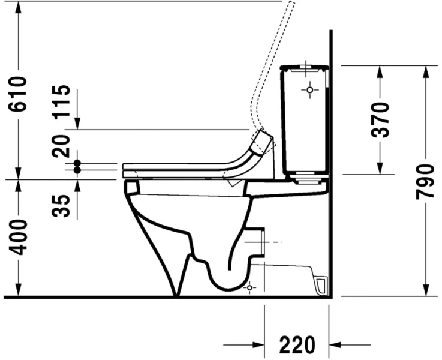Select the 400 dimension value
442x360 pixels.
tap(19, 237)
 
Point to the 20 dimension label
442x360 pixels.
tap(62, 145)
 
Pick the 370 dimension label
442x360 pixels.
tap(380, 120)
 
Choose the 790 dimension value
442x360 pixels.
tap(425, 181)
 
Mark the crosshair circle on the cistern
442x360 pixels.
tap(309, 91)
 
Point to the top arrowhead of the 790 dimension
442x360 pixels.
tap(425, 71)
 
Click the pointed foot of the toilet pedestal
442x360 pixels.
tap(176, 293)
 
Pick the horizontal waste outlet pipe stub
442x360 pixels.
tap(257, 241)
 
